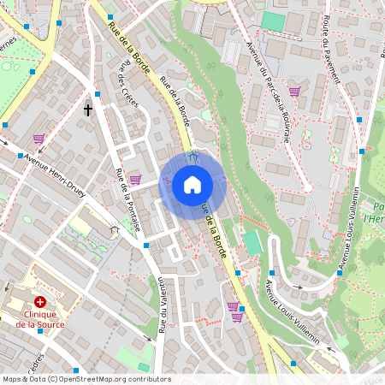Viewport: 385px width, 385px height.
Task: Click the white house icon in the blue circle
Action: click(192, 184)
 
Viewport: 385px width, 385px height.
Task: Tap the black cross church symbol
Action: click(88, 110)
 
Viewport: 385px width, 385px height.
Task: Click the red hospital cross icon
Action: click(39, 302)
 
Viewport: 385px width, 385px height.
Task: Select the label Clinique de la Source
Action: click(39, 319)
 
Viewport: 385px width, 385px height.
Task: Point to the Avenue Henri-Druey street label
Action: click(59, 159)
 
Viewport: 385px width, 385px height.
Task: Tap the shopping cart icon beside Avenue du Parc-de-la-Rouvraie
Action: click(294, 92)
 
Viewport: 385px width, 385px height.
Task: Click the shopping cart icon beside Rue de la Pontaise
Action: click(134, 179)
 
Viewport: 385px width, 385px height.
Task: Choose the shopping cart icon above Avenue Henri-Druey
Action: click(38, 138)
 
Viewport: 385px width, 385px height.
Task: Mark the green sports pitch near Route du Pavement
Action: click(273, 21)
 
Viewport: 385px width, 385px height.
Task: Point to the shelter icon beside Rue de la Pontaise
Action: click(115, 229)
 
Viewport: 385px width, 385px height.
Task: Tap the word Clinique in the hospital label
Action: click(39, 314)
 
